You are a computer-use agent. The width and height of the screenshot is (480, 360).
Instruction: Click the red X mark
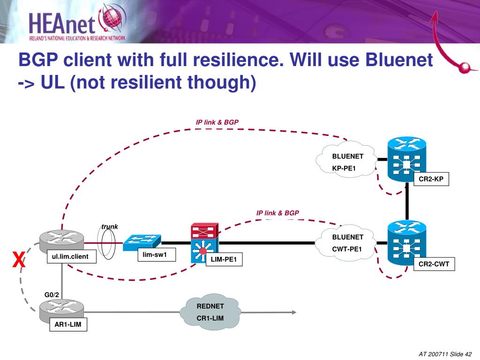pyautogui.click(x=19, y=260)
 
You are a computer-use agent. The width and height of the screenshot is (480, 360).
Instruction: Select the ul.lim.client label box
pyautogui.click(x=72, y=256)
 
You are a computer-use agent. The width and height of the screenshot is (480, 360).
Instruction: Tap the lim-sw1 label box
pyautogui.click(x=157, y=255)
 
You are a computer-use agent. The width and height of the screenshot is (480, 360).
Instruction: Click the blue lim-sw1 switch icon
pyautogui.click(x=142, y=242)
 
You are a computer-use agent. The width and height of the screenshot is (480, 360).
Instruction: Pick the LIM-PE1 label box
pyautogui.click(x=224, y=259)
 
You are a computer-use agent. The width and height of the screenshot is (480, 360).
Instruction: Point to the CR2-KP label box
pyautogui.click(x=431, y=179)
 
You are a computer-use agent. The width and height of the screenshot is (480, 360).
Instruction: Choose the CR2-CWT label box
pyautogui.click(x=434, y=264)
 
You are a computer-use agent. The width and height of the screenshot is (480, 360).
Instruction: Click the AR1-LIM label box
pyautogui.click(x=68, y=324)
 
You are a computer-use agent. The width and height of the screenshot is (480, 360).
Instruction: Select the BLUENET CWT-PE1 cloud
pyautogui.click(x=346, y=243)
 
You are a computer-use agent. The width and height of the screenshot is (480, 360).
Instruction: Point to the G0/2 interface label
pyautogui.click(x=52, y=295)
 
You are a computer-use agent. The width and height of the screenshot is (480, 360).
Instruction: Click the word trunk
pyautogui.click(x=110, y=227)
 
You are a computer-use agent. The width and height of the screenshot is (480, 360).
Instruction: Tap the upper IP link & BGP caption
pyautogui.click(x=217, y=122)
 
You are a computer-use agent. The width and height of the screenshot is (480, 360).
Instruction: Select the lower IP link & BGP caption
pyautogui.click(x=277, y=213)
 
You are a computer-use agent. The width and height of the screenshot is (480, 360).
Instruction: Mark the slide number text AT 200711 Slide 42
pyautogui.click(x=445, y=354)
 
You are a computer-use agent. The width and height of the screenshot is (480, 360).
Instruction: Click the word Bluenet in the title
pyautogui.click(x=399, y=60)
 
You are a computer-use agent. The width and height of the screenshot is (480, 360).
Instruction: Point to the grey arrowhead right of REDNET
pyautogui.click(x=294, y=312)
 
